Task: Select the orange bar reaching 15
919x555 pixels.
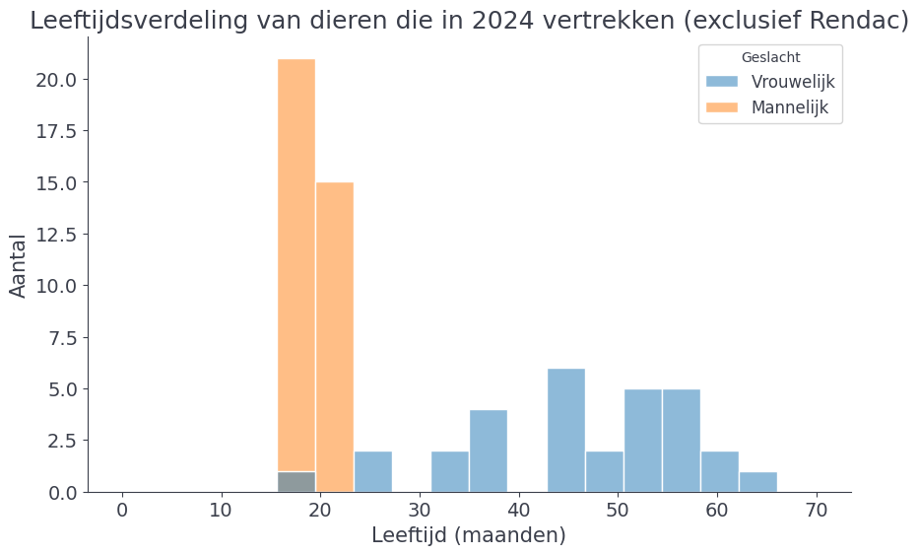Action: (335, 335)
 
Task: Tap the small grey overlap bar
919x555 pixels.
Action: (296, 482)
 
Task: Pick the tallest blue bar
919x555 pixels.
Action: (566, 430)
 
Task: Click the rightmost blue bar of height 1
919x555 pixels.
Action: (758, 482)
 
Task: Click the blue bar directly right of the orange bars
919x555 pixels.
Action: (373, 471)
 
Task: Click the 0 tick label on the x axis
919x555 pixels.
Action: (122, 511)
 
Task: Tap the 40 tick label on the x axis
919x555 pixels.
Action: (420, 511)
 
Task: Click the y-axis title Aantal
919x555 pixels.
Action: (19, 265)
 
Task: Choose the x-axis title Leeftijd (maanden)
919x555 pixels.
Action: (469, 535)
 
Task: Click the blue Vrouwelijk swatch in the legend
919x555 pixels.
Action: (722, 82)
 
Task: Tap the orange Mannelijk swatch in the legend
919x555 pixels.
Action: (722, 106)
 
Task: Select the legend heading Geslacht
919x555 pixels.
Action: (770, 57)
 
